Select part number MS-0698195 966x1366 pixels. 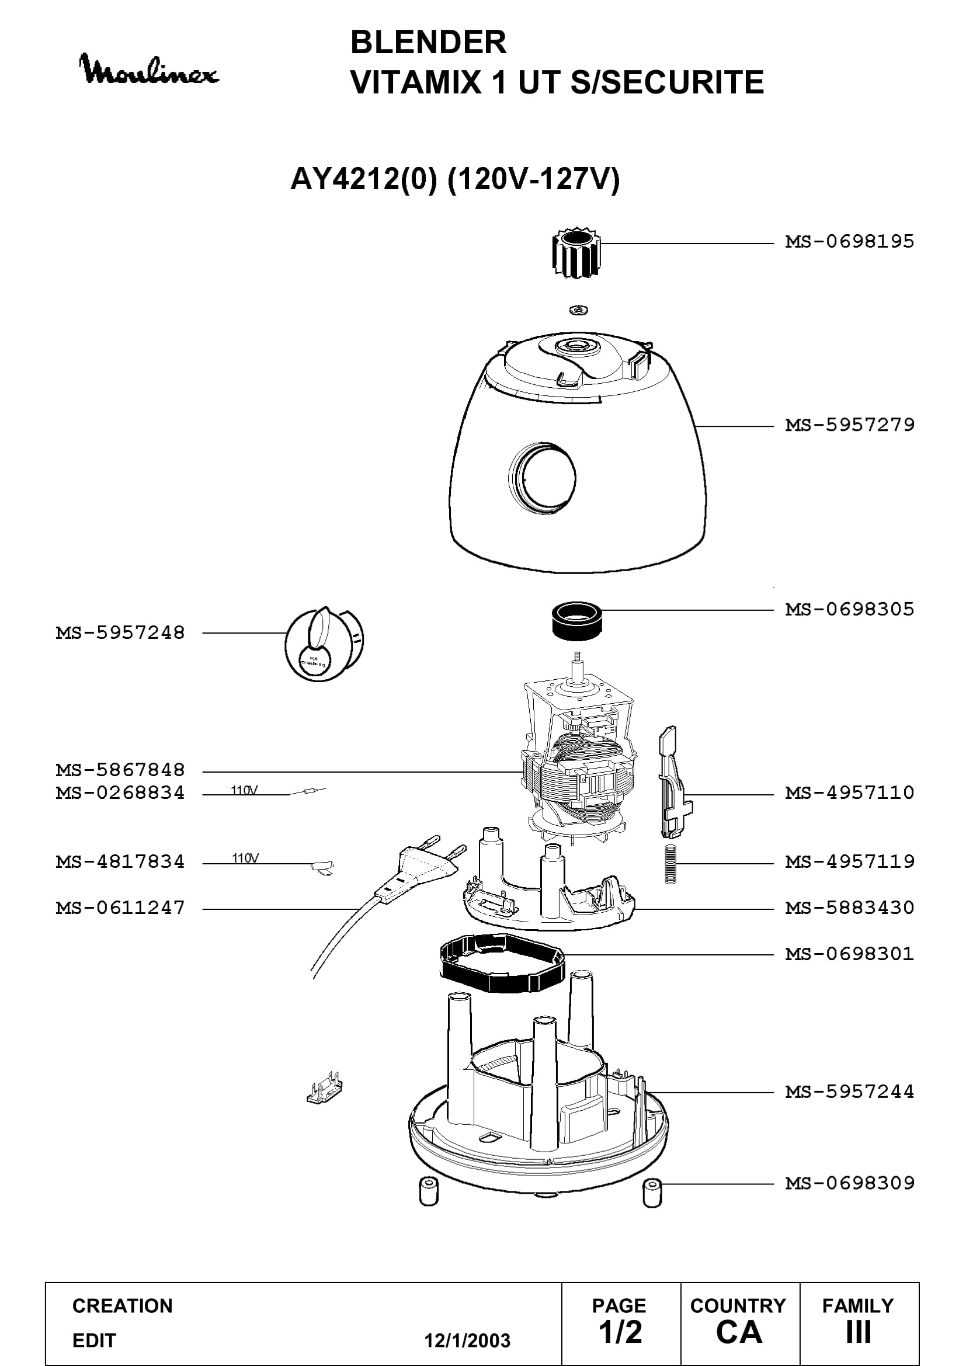pos(849,242)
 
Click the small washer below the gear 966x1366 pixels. pos(578,310)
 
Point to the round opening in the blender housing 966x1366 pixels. pos(542,477)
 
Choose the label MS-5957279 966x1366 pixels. pos(849,425)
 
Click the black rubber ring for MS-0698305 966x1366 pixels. pos(577,622)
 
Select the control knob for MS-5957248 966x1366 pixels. pos(324,643)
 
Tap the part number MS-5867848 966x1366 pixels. pos(120,770)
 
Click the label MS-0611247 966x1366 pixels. pos(120,908)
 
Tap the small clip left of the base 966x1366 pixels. pos(324,1088)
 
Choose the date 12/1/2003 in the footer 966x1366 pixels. pos(467,1340)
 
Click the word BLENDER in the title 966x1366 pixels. pos(428,42)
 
